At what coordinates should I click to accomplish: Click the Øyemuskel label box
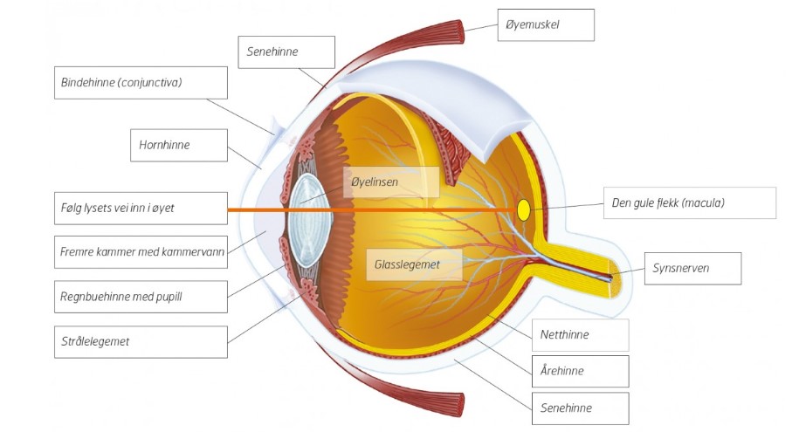tap(545, 24)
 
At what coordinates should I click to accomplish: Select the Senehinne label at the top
tap(286, 51)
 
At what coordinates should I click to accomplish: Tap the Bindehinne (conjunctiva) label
tap(140, 83)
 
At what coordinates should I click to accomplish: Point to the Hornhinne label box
tap(177, 145)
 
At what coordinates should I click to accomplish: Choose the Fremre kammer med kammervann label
tap(140, 251)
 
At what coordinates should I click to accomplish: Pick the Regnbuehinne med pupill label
tap(140, 296)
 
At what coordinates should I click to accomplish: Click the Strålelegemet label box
tap(140, 341)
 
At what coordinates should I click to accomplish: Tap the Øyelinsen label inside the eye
tap(390, 182)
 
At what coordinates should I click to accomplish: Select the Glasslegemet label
tap(414, 263)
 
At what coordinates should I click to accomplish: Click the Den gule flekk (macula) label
tap(688, 202)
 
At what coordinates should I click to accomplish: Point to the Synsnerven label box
tap(693, 268)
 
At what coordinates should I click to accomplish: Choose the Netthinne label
tap(580, 334)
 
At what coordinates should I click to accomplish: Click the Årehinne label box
tap(580, 371)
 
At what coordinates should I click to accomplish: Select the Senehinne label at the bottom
tap(580, 408)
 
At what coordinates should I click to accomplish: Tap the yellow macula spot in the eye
tap(523, 209)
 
